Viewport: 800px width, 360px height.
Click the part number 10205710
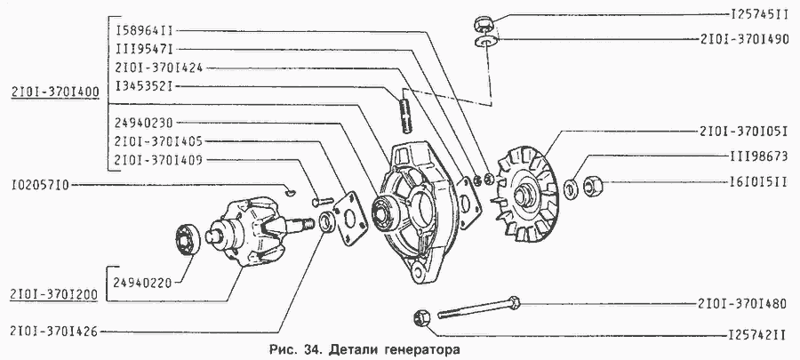pyautogui.click(x=41, y=186)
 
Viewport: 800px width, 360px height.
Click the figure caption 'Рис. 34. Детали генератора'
pyautogui.click(x=364, y=348)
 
